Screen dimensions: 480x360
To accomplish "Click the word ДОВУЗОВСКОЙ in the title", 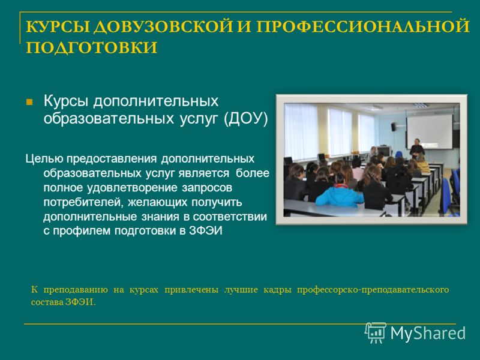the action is pyautogui.click(x=163, y=26).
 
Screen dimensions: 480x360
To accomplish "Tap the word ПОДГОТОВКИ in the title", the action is pyautogui.click(x=92, y=47).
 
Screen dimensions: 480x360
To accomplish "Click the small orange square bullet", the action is pyautogui.click(x=29, y=102).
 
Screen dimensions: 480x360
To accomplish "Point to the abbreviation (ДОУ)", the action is pyautogui.click(x=246, y=118).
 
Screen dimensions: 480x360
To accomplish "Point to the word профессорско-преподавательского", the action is pyautogui.click(x=373, y=290).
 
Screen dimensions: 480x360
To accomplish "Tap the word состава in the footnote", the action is pyautogui.click(x=46, y=302).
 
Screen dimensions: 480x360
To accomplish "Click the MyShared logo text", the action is pyautogui.click(x=428, y=333).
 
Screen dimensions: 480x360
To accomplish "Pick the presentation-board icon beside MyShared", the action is pyautogui.click(x=376, y=333).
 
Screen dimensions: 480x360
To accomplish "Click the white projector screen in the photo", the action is pyautogui.click(x=429, y=131).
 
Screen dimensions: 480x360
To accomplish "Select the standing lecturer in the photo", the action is pyautogui.click(x=416, y=148).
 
